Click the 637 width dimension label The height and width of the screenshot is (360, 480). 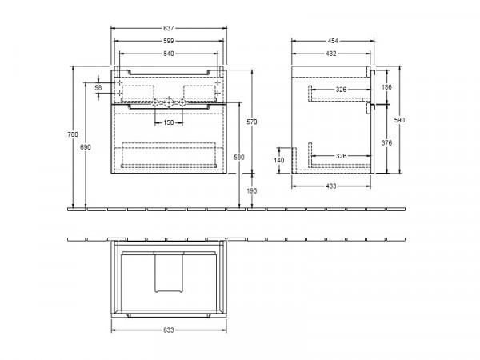[168, 28]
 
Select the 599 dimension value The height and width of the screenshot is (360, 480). [168, 41]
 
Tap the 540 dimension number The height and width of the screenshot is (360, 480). [168, 54]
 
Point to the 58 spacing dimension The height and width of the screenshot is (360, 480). [98, 87]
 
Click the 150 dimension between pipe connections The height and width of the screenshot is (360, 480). [168, 122]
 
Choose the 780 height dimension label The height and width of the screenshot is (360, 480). [73, 134]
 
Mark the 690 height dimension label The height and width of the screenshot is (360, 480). [86, 147]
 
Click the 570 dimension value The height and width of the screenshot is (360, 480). [252, 122]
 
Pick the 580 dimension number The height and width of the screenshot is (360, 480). [238, 157]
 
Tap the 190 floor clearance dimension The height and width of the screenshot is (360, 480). [252, 190]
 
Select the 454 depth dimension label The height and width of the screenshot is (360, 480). [333, 41]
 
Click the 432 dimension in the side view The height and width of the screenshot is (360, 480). [331, 54]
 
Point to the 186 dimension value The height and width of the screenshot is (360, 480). [386, 87]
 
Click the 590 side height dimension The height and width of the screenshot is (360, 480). [399, 120]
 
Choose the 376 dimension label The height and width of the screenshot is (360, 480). [386, 142]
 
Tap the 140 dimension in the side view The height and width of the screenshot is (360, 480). [279, 160]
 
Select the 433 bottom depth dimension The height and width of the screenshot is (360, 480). [331, 186]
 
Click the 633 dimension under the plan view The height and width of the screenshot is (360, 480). [168, 330]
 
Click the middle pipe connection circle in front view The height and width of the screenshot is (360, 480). [169, 102]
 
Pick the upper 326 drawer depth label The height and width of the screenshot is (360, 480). [341, 90]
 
